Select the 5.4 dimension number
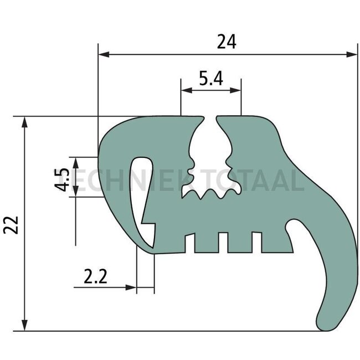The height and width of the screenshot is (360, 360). point(210,79)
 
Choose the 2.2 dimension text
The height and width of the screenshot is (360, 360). point(95,276)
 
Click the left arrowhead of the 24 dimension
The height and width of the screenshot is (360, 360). point(103,54)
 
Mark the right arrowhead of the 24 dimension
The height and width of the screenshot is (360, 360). point(353,54)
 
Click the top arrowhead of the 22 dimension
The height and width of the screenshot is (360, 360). point(24,121)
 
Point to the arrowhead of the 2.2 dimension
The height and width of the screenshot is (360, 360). point(132,287)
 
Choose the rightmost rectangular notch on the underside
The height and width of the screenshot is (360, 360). point(256,242)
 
